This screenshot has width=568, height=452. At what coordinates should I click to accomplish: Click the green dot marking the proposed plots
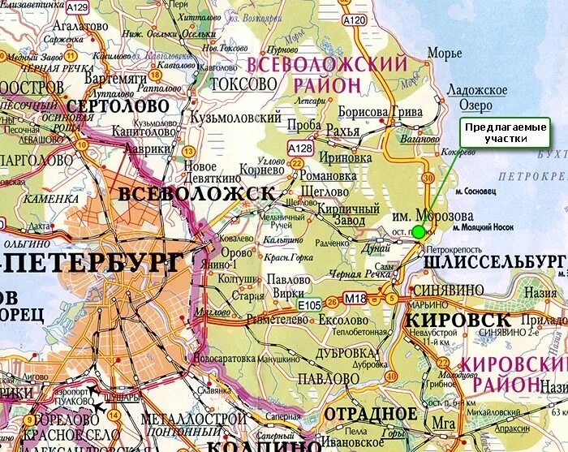click(418, 232)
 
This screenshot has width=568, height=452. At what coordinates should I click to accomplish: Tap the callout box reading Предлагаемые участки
click(504, 133)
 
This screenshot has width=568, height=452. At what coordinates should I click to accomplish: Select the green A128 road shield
click(300, 148)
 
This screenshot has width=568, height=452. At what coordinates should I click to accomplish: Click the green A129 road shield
click(77, 7)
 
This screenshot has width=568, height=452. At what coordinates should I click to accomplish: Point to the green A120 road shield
click(354, 19)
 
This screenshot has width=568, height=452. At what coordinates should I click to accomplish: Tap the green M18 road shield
click(356, 300)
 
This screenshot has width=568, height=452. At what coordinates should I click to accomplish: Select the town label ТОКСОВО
click(243, 84)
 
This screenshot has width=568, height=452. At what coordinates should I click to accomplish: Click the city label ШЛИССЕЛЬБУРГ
click(494, 260)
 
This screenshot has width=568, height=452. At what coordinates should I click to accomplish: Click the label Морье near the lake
click(445, 54)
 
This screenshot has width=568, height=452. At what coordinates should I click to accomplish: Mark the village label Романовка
click(329, 174)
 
